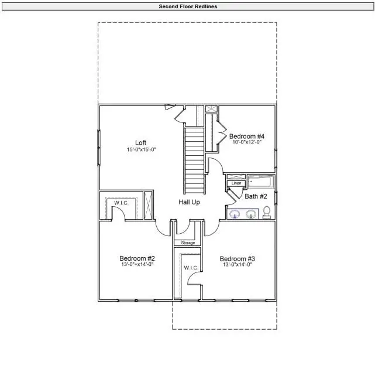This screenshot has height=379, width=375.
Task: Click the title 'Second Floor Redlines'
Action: click(187, 6)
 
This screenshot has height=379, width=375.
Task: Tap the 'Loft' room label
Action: click(140, 142)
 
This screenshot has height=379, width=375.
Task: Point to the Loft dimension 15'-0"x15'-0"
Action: click(141, 149)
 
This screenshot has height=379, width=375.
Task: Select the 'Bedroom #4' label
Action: click(247, 136)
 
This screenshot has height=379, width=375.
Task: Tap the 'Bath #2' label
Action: click(256, 196)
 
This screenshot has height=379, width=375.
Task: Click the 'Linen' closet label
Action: click(236, 183)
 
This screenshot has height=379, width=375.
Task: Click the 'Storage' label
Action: click(187, 243)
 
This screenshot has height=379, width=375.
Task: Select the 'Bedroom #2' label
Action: click(137, 258)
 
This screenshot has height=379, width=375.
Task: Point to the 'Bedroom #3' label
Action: click(237, 258)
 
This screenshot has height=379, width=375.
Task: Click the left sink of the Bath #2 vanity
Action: click(235, 214)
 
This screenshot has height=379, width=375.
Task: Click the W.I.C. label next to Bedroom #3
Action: click(191, 268)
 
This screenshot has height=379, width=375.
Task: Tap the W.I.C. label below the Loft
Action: click(121, 203)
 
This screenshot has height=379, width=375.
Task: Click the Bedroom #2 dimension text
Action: click(137, 265)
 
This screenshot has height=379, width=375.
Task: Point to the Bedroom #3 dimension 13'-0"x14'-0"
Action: click(237, 265)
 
